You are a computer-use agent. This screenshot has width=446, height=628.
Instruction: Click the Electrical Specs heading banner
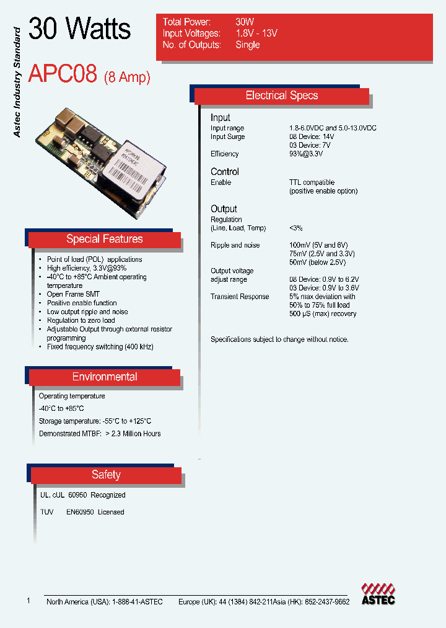coord(282,96)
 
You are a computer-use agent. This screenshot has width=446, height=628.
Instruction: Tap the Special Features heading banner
coord(104,240)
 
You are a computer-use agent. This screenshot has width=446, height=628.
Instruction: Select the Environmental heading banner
coord(104,377)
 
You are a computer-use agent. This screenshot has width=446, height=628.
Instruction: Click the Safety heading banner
coord(105,475)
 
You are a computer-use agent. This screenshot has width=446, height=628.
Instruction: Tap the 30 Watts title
coord(80,29)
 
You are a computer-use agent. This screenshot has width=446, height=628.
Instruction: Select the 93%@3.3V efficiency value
coord(307,154)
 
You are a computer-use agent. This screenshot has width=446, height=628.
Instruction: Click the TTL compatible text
coord(312,182)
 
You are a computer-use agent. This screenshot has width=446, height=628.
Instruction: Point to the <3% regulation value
coord(295,228)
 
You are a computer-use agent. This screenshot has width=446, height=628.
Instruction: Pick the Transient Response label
coord(240,297)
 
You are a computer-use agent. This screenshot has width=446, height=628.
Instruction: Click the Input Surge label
coord(227,137)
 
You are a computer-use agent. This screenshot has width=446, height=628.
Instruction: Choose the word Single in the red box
coord(247,45)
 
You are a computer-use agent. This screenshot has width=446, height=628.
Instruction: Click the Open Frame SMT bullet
coord(73,294)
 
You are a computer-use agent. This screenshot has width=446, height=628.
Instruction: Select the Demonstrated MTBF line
coord(99,434)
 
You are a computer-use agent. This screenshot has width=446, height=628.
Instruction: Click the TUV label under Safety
coord(46,513)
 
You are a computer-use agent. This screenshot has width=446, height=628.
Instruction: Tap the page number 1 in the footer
coord(28,601)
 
